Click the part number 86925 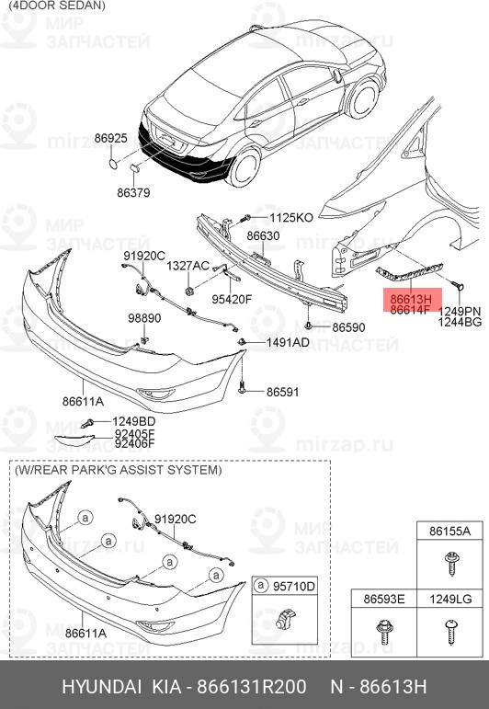tap(110, 138)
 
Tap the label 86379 tap(133, 192)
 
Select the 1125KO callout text tap(291, 218)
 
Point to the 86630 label tap(263, 236)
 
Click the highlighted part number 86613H tap(411, 300)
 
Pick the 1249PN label tap(460, 311)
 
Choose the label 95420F tap(232, 300)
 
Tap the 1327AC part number tap(188, 266)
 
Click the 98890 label tap(144, 318)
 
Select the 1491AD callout tap(288, 343)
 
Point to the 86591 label tap(282, 392)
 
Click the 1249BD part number tap(134, 421)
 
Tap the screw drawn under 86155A tap(450, 563)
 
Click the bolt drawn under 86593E tap(383, 632)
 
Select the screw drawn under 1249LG tap(451, 631)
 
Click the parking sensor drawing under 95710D tap(285, 619)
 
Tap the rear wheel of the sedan tap(244, 166)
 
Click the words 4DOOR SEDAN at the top tap(56, 6)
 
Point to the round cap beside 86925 tap(113, 163)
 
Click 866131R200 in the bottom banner tap(251, 686)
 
